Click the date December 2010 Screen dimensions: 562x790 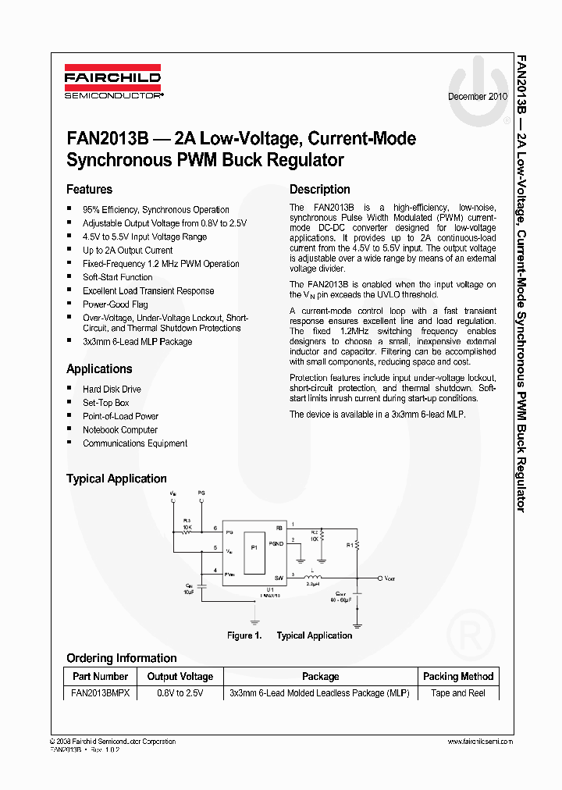click(x=477, y=96)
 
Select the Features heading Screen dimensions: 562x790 click(x=89, y=190)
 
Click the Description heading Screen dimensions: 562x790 click(x=319, y=190)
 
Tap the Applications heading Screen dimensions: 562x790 click(x=99, y=369)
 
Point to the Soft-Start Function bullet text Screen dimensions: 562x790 click(x=118, y=277)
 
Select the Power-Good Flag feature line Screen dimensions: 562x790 click(x=116, y=304)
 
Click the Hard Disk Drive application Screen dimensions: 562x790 click(x=112, y=390)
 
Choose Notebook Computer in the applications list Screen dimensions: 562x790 click(x=120, y=430)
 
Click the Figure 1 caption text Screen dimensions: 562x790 click(x=290, y=635)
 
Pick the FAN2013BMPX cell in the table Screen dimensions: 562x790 click(x=100, y=693)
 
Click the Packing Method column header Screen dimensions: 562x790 click(x=458, y=677)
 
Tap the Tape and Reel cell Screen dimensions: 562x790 click(x=458, y=693)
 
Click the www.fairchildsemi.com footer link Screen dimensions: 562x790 click(x=480, y=742)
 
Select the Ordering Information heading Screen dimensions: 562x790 click(x=121, y=658)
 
